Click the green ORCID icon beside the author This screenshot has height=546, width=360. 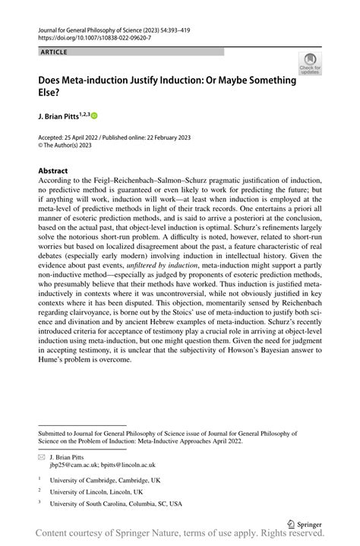click(95, 115)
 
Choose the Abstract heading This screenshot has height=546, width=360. click(55, 171)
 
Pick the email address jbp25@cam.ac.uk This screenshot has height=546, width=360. click(74, 465)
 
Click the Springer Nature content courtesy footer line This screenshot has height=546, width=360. click(179, 536)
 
